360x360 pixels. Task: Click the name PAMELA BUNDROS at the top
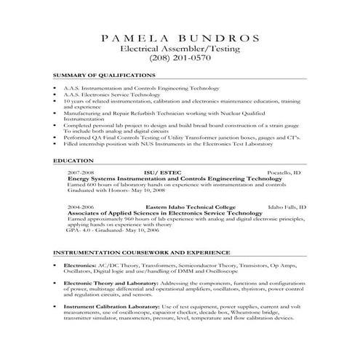coord(180,37)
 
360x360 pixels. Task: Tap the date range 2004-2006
coord(80,207)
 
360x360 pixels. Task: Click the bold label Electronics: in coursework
coord(81,265)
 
